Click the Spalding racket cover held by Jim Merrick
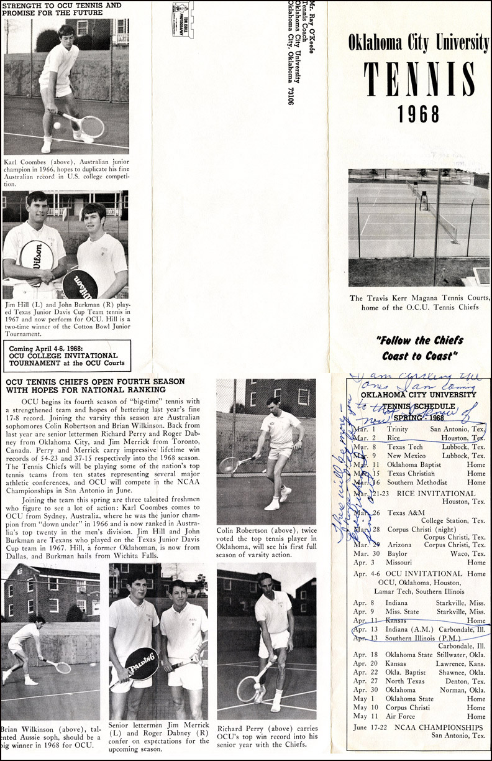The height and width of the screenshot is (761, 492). (142, 663)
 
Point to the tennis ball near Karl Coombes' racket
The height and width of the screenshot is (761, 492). (57, 125)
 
